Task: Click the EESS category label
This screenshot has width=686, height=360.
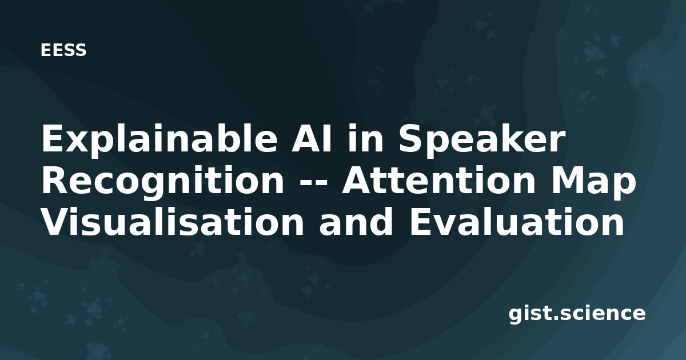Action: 63,50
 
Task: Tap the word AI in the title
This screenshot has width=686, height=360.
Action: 312,138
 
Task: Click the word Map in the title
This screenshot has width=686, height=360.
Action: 593,182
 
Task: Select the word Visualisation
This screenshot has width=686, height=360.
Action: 173,221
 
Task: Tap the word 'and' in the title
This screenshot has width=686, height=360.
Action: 356,221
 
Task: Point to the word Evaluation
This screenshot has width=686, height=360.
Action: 516,221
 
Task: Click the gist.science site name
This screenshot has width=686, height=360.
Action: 577,314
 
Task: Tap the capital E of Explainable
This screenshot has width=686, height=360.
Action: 53,138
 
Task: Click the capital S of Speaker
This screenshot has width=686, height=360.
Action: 410,138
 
